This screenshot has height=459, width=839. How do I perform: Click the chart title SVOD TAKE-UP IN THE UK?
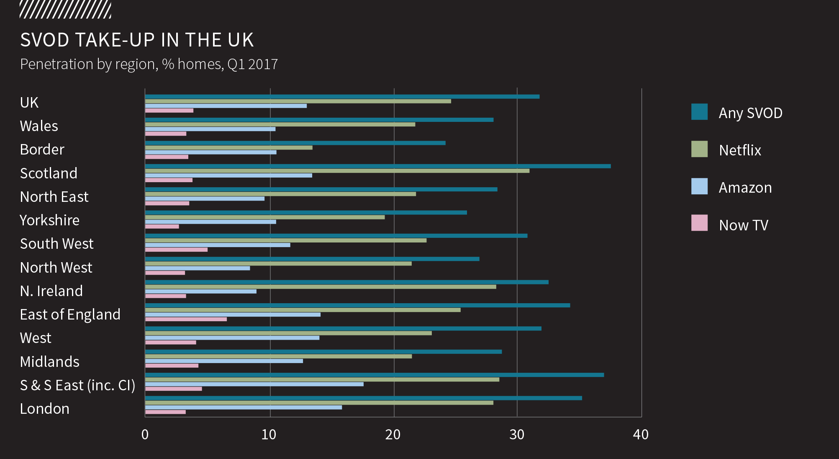137,40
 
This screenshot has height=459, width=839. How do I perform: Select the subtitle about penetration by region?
149,64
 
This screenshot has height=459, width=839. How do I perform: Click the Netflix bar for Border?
228,148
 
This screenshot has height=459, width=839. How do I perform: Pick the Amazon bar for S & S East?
254,384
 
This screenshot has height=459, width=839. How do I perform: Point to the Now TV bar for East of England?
186,319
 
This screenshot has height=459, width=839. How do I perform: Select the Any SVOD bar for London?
363,398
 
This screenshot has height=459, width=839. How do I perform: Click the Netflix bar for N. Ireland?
320,287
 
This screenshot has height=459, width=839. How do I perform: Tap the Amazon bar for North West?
197,268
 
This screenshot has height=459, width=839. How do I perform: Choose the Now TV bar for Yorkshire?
162,227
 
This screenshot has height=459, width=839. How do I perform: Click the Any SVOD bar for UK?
342,97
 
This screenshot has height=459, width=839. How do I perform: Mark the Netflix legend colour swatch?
699,149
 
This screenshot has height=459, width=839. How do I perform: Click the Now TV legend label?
743,225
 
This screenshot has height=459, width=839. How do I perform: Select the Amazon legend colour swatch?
699,186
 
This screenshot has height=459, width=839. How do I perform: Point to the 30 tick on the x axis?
517,435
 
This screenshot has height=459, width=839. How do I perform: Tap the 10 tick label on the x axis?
269,435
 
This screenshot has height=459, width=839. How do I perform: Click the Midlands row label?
49,362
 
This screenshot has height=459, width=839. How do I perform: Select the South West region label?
56,244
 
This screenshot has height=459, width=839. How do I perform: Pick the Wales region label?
39,126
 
